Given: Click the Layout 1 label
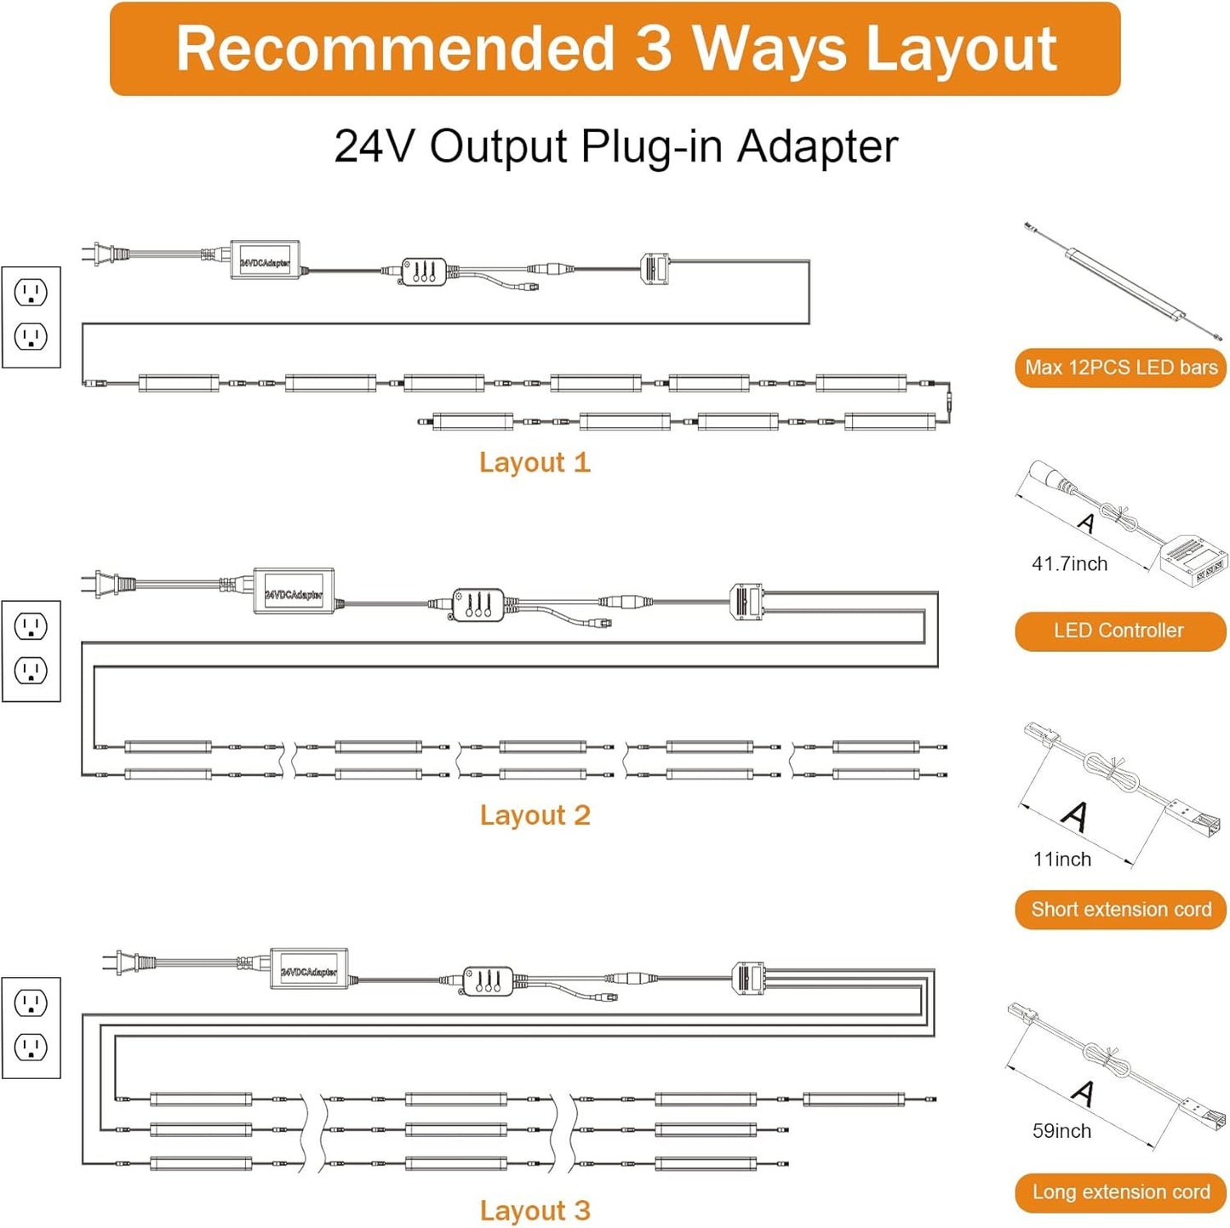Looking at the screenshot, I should pos(534,462).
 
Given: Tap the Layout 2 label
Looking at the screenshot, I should pos(535,815).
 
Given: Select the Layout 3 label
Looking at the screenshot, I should pos(535,1210).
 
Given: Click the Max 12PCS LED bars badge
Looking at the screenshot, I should pos(1120,368).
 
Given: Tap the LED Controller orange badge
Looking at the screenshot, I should pos(1119,631).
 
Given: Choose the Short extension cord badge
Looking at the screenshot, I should pos(1120,910).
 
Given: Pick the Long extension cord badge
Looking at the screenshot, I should pos(1120,1192).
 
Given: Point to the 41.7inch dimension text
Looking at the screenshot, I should pos(1069,564).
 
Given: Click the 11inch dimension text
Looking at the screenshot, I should pos(1061,860).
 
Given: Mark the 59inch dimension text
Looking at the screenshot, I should pos(1061,1131).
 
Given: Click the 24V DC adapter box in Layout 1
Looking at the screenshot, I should pos(265,260).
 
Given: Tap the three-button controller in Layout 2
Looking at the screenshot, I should pos(478,604).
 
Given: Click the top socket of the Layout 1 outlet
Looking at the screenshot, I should pos(31,293).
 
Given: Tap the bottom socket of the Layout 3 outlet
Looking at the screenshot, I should pos(31,1047).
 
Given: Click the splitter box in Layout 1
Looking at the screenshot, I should pos(655,269).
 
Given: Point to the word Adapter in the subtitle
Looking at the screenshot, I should pos(817,146).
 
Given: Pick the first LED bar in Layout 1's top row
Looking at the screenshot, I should pos(179,383).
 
